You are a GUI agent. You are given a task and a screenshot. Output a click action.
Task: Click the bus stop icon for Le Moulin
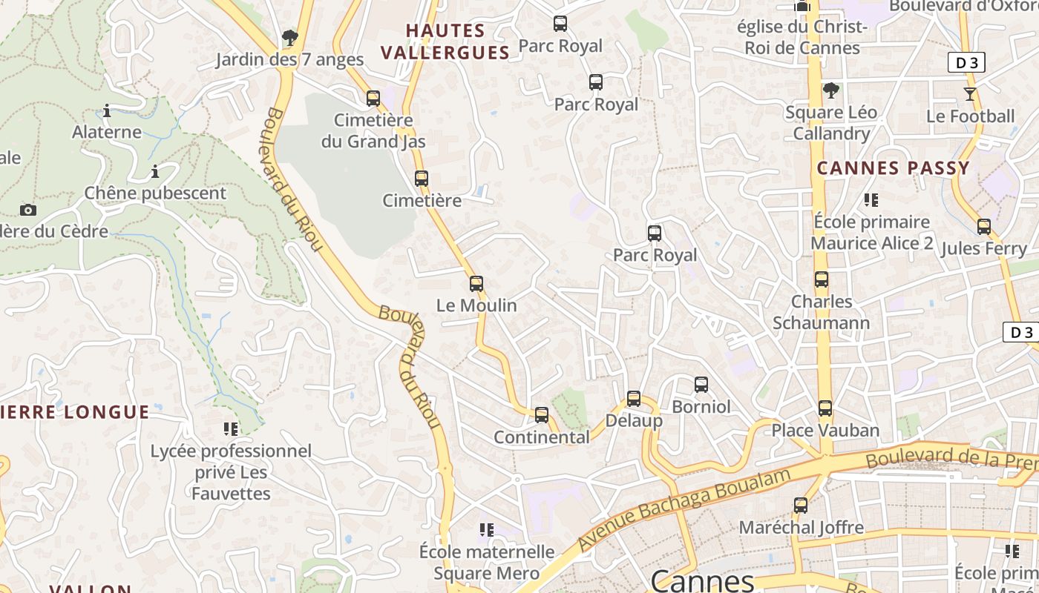click(476, 284)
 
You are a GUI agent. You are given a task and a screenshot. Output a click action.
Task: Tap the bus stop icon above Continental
click(542, 415)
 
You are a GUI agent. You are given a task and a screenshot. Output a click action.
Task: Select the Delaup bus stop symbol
click(633, 399)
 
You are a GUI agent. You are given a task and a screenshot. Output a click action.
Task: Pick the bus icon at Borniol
click(701, 385)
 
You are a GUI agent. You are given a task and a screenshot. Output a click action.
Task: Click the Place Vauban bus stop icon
click(825, 408)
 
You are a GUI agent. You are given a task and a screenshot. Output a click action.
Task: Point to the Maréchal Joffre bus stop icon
click(801, 506)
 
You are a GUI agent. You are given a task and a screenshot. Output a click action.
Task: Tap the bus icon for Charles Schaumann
click(821, 279)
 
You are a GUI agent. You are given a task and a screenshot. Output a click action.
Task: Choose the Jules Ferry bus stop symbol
click(984, 227)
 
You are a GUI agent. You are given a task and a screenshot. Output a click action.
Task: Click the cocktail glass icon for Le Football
click(970, 94)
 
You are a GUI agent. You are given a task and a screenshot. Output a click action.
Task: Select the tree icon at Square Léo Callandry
click(830, 90)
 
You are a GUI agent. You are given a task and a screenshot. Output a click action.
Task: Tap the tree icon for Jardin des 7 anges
click(290, 38)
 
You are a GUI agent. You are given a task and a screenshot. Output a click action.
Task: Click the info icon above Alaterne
click(107, 111)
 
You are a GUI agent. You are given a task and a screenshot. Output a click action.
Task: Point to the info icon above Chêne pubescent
click(154, 172)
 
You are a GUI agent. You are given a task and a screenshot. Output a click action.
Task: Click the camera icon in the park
click(28, 210)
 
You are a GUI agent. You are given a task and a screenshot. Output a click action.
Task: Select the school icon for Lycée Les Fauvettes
click(231, 428)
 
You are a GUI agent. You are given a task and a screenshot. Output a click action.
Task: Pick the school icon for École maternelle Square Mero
click(487, 529)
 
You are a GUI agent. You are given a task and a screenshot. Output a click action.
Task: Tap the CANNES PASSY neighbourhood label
click(894, 168)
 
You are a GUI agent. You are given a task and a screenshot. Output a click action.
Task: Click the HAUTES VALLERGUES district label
click(445, 42)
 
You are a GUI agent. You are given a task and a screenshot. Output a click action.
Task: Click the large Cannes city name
click(702, 580)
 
